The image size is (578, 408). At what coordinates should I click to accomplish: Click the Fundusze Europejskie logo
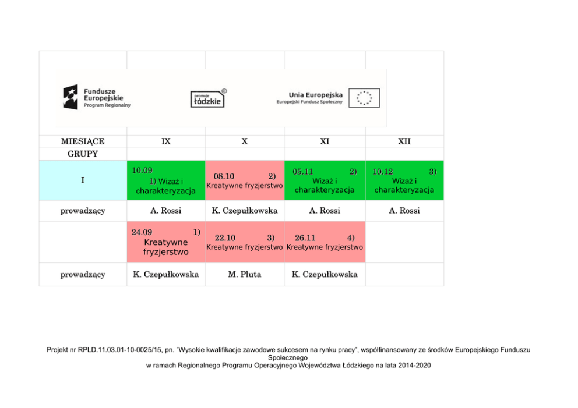tap(97, 97)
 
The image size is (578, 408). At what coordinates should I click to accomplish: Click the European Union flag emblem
tap(364, 98)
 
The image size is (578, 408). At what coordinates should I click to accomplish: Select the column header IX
tap(166, 141)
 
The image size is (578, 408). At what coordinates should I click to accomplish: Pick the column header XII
tap(404, 141)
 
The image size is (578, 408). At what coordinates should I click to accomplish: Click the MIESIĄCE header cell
tap(83, 141)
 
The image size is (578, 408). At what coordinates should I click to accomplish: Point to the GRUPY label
tap(83, 154)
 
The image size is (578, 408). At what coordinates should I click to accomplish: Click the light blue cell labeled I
tap(83, 180)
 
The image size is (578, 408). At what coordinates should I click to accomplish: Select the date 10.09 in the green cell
tap(142, 171)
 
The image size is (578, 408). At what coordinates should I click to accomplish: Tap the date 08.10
tap(224, 176)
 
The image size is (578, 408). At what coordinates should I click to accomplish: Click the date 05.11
tap(303, 172)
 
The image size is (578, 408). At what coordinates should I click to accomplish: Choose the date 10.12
tap(382, 172)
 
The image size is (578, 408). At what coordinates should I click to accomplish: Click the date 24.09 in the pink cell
tap(142, 232)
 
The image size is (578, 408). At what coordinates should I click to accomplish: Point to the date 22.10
tap(225, 238)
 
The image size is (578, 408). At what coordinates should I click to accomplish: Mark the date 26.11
tap(305, 238)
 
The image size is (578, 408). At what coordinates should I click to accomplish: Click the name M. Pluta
tap(245, 274)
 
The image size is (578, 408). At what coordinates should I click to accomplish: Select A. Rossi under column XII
tap(404, 211)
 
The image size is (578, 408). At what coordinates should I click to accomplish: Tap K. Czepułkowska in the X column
tap(245, 211)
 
